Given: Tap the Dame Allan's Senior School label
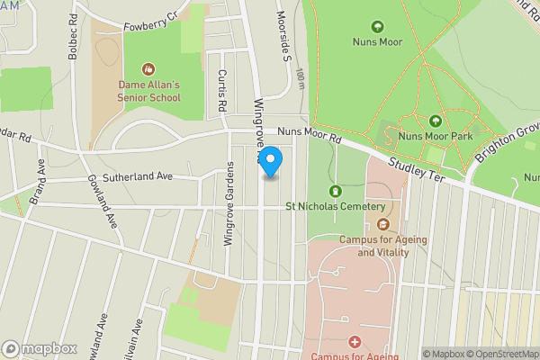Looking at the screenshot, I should pyautogui.click(x=150, y=91).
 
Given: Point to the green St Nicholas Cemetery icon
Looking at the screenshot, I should pyautogui.click(x=336, y=191).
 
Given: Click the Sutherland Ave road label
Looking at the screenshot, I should pyautogui.click(x=137, y=176).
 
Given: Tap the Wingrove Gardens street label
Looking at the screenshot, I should pyautogui.click(x=229, y=203).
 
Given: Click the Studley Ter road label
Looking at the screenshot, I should pyautogui.click(x=418, y=169).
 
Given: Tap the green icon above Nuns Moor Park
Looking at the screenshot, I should pyautogui.click(x=436, y=121).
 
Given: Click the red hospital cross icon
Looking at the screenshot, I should pyautogui.click(x=355, y=342).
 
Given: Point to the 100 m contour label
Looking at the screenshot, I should pyautogui.click(x=300, y=80).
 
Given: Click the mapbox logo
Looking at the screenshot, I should pyautogui.click(x=39, y=348).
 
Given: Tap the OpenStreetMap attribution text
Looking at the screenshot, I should pyautogui.click(x=499, y=354).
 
